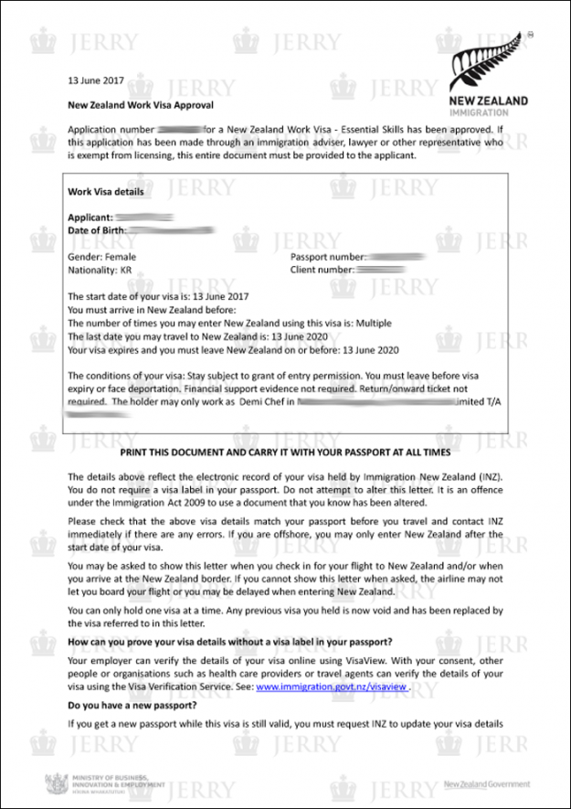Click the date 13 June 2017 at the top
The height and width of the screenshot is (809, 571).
96,80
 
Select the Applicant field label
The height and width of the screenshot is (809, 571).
90,217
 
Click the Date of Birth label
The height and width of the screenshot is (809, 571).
100,230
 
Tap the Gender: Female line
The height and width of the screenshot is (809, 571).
102,257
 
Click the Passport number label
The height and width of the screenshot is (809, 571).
328,257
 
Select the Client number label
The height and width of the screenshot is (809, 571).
323,271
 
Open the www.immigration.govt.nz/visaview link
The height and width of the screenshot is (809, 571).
330,686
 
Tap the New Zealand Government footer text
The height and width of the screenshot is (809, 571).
486,784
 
